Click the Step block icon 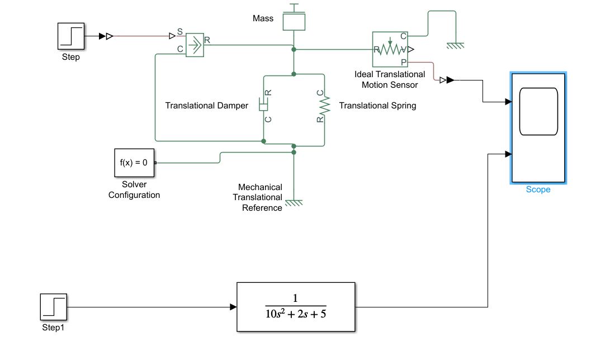coord(71,36)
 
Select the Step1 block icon coord(53,307)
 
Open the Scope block coord(538,127)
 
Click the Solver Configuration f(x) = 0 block coord(134,163)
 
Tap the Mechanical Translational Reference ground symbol coord(294,203)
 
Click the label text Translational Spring coord(377,106)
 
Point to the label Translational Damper coord(206,106)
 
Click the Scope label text coord(538,190)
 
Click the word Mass coord(263,18)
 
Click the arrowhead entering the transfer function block coord(233,307)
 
